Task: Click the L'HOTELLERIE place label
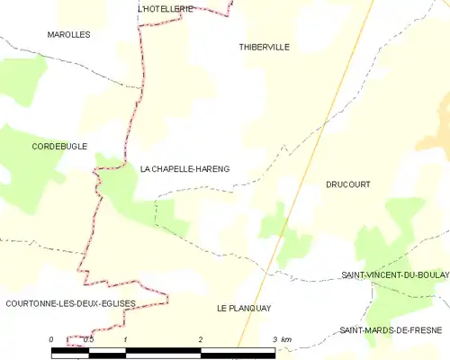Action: point(166,8)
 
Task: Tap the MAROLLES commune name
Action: point(69,34)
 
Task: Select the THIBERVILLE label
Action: point(265,47)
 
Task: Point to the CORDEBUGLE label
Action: point(59,146)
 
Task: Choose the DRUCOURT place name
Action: point(348,184)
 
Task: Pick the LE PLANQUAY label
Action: point(244,308)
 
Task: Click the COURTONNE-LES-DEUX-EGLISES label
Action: point(70,303)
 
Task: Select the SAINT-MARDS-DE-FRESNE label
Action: point(391,330)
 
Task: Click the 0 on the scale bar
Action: point(51,339)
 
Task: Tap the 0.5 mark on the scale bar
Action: point(87,339)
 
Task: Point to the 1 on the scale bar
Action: point(125,339)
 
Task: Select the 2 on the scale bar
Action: point(200,339)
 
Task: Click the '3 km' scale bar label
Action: point(282,339)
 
